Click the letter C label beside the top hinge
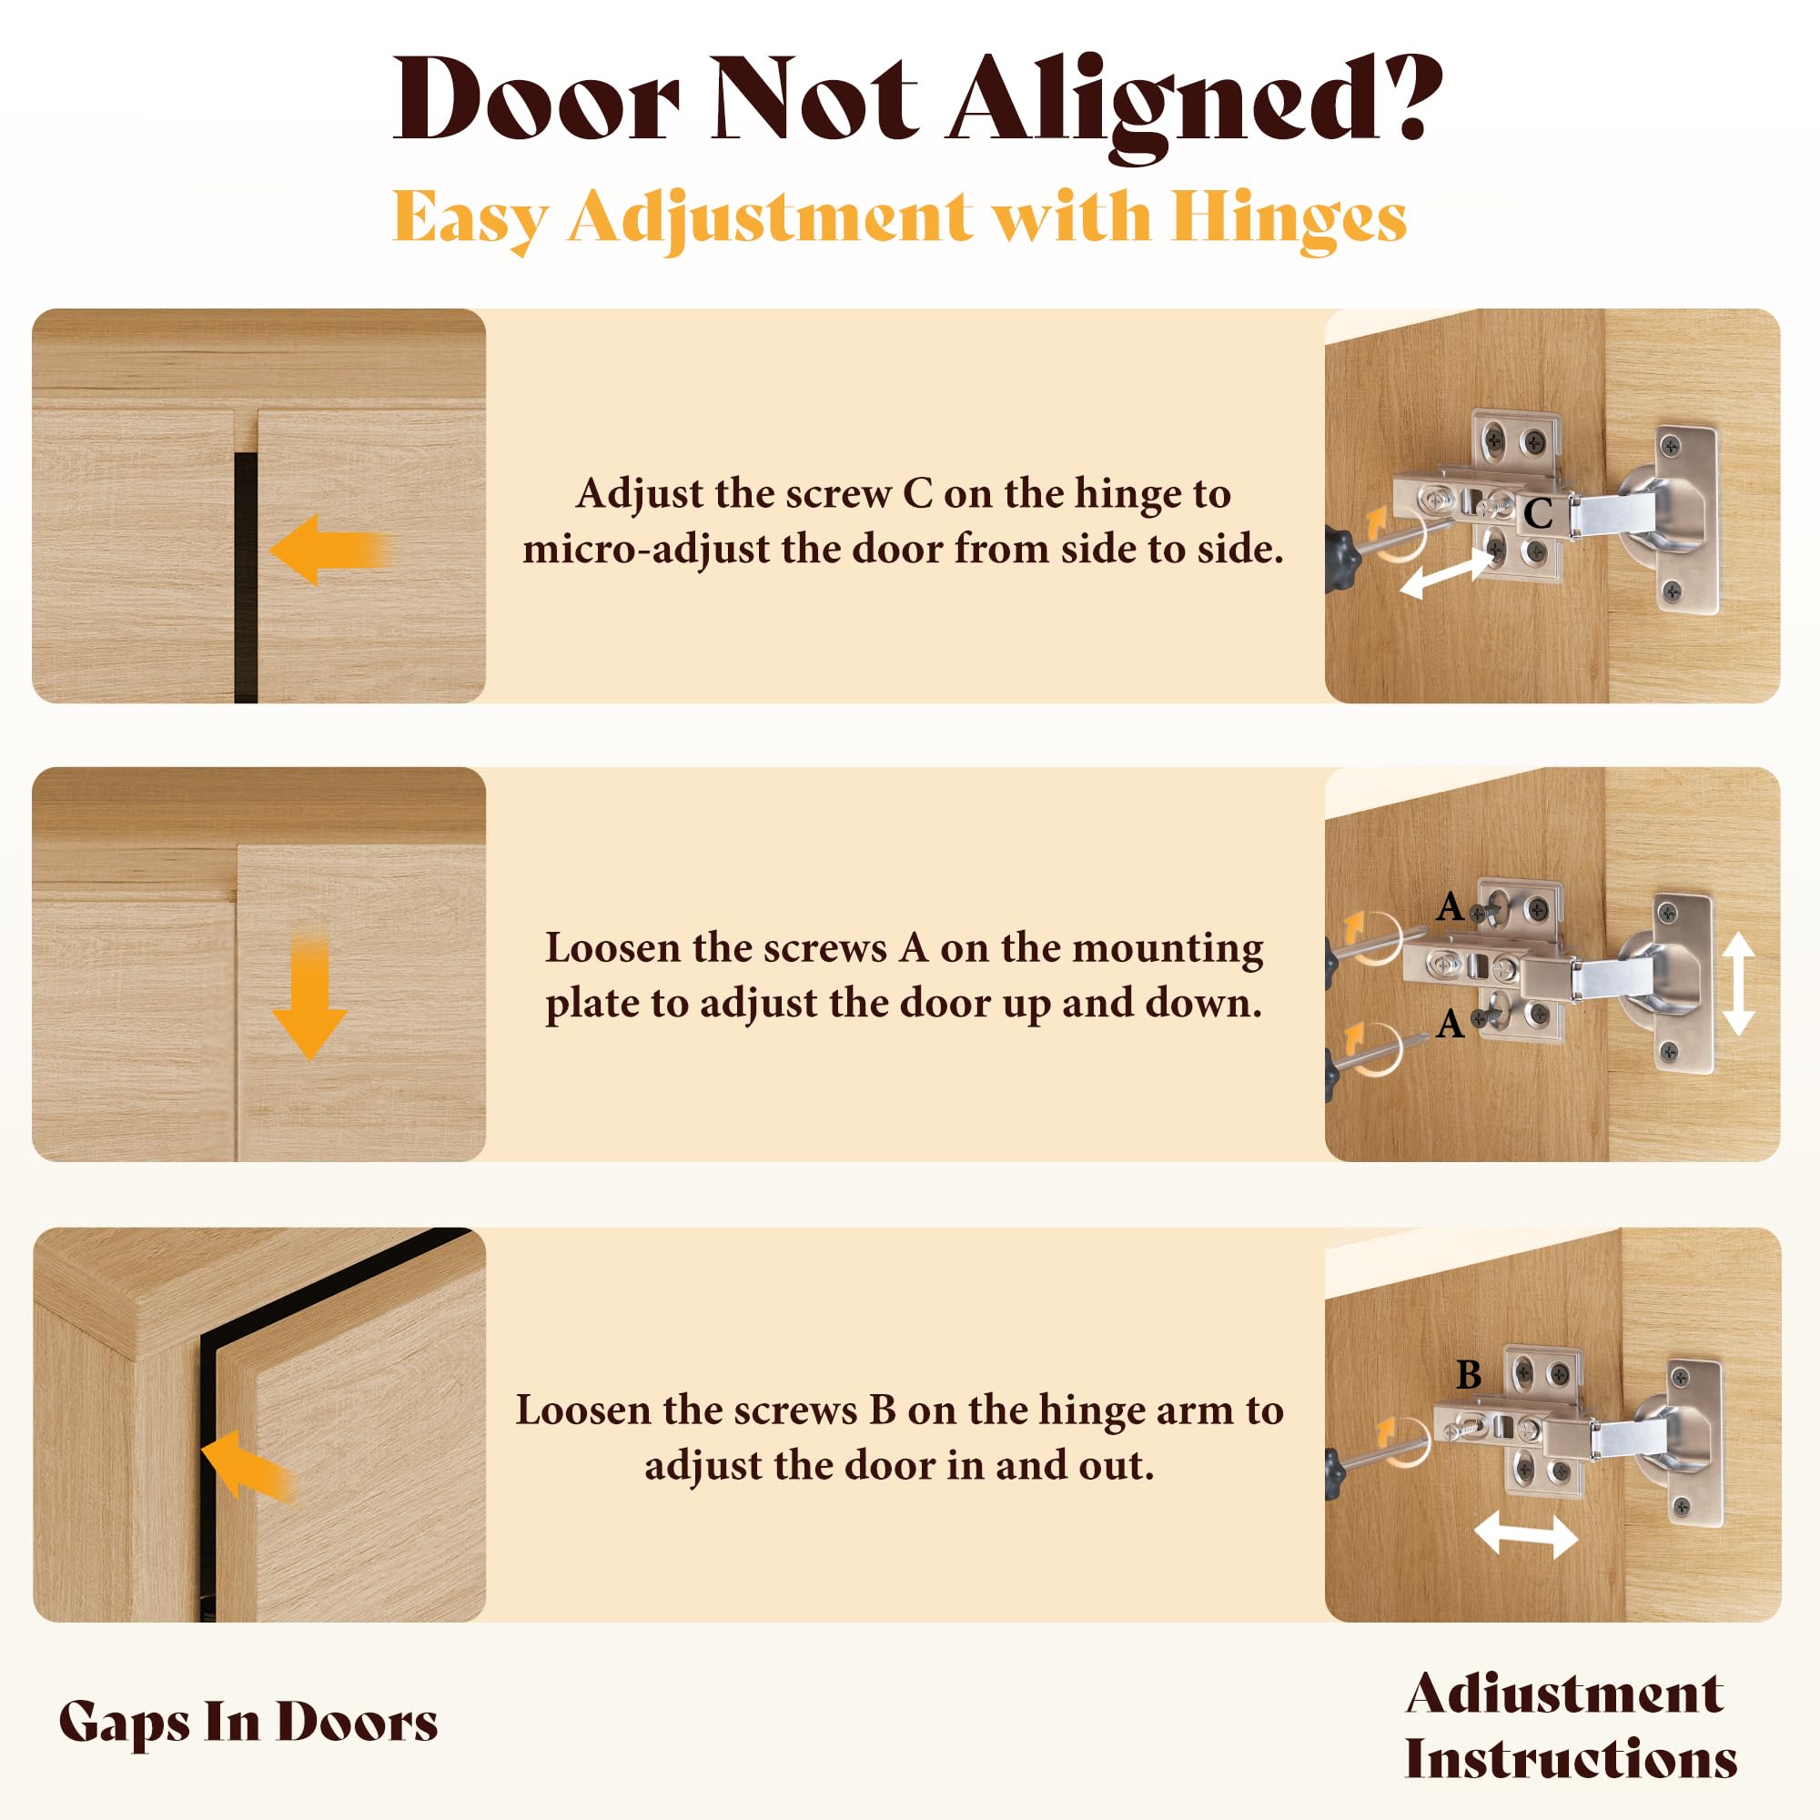[x=1537, y=513]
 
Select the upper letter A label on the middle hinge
[x=1450, y=907]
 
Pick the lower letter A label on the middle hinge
[x=1450, y=1024]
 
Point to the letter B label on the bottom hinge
[x=1469, y=1375]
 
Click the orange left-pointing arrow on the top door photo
[x=329, y=551]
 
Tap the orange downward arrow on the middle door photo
[x=309, y=997]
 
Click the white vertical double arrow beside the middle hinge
[x=1738, y=985]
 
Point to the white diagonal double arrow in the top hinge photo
[x=1447, y=573]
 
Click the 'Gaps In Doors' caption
[x=248, y=1722]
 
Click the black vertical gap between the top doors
[x=246, y=578]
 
